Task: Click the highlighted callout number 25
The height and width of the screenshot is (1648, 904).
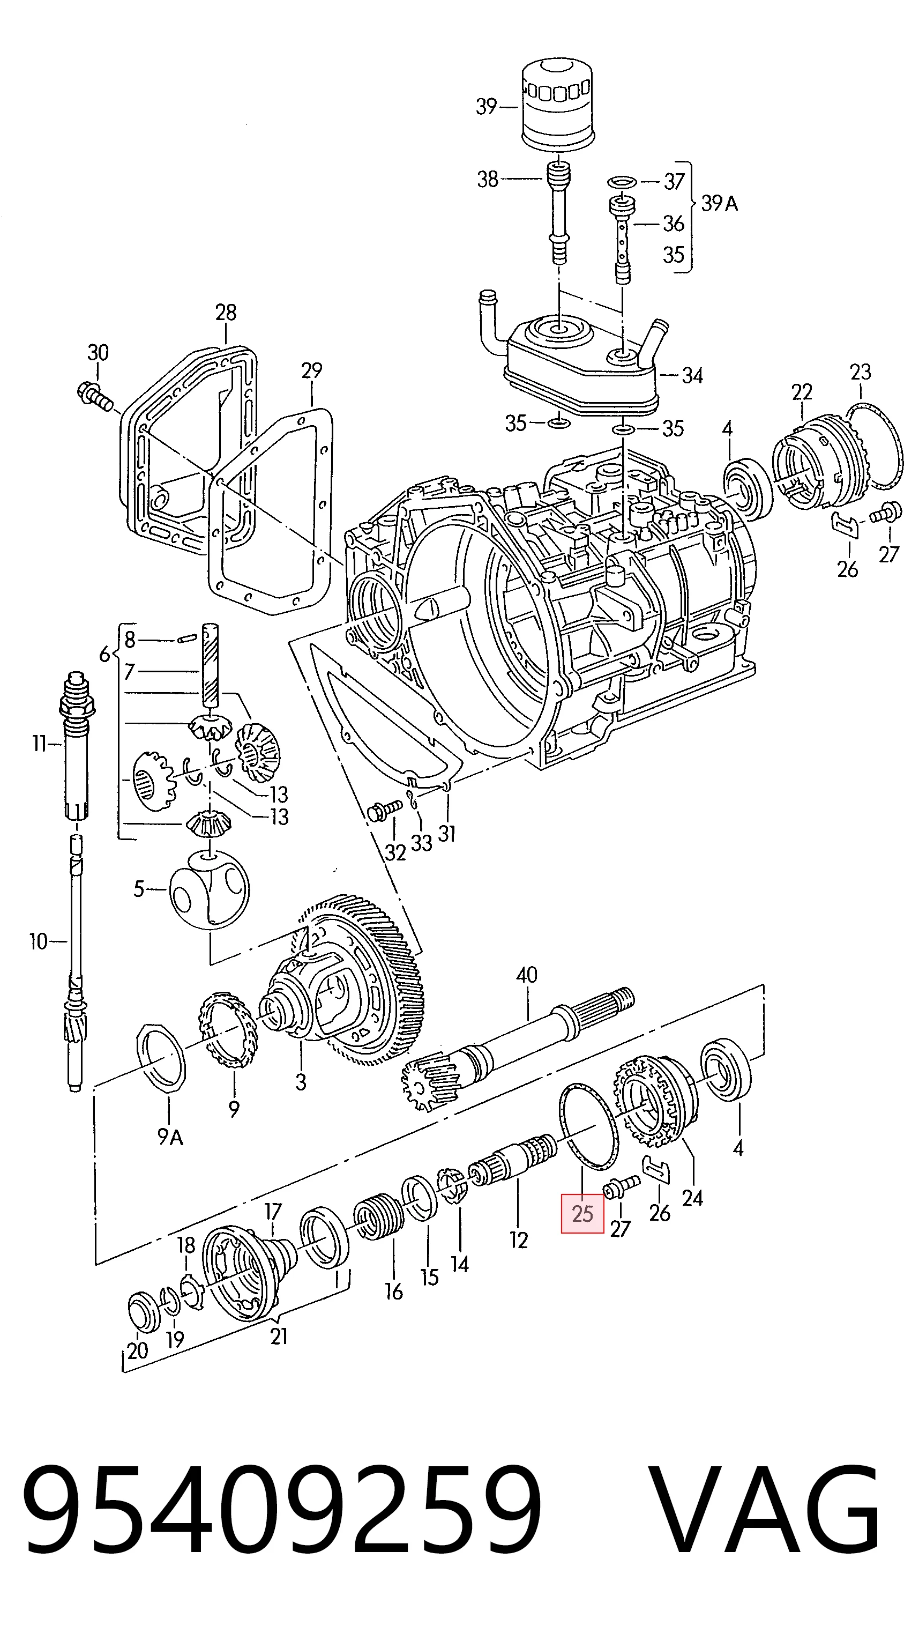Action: pos(582,1213)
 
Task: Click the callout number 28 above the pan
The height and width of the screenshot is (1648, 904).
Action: pos(226,312)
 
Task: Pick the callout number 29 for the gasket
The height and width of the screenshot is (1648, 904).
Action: pos(311,370)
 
